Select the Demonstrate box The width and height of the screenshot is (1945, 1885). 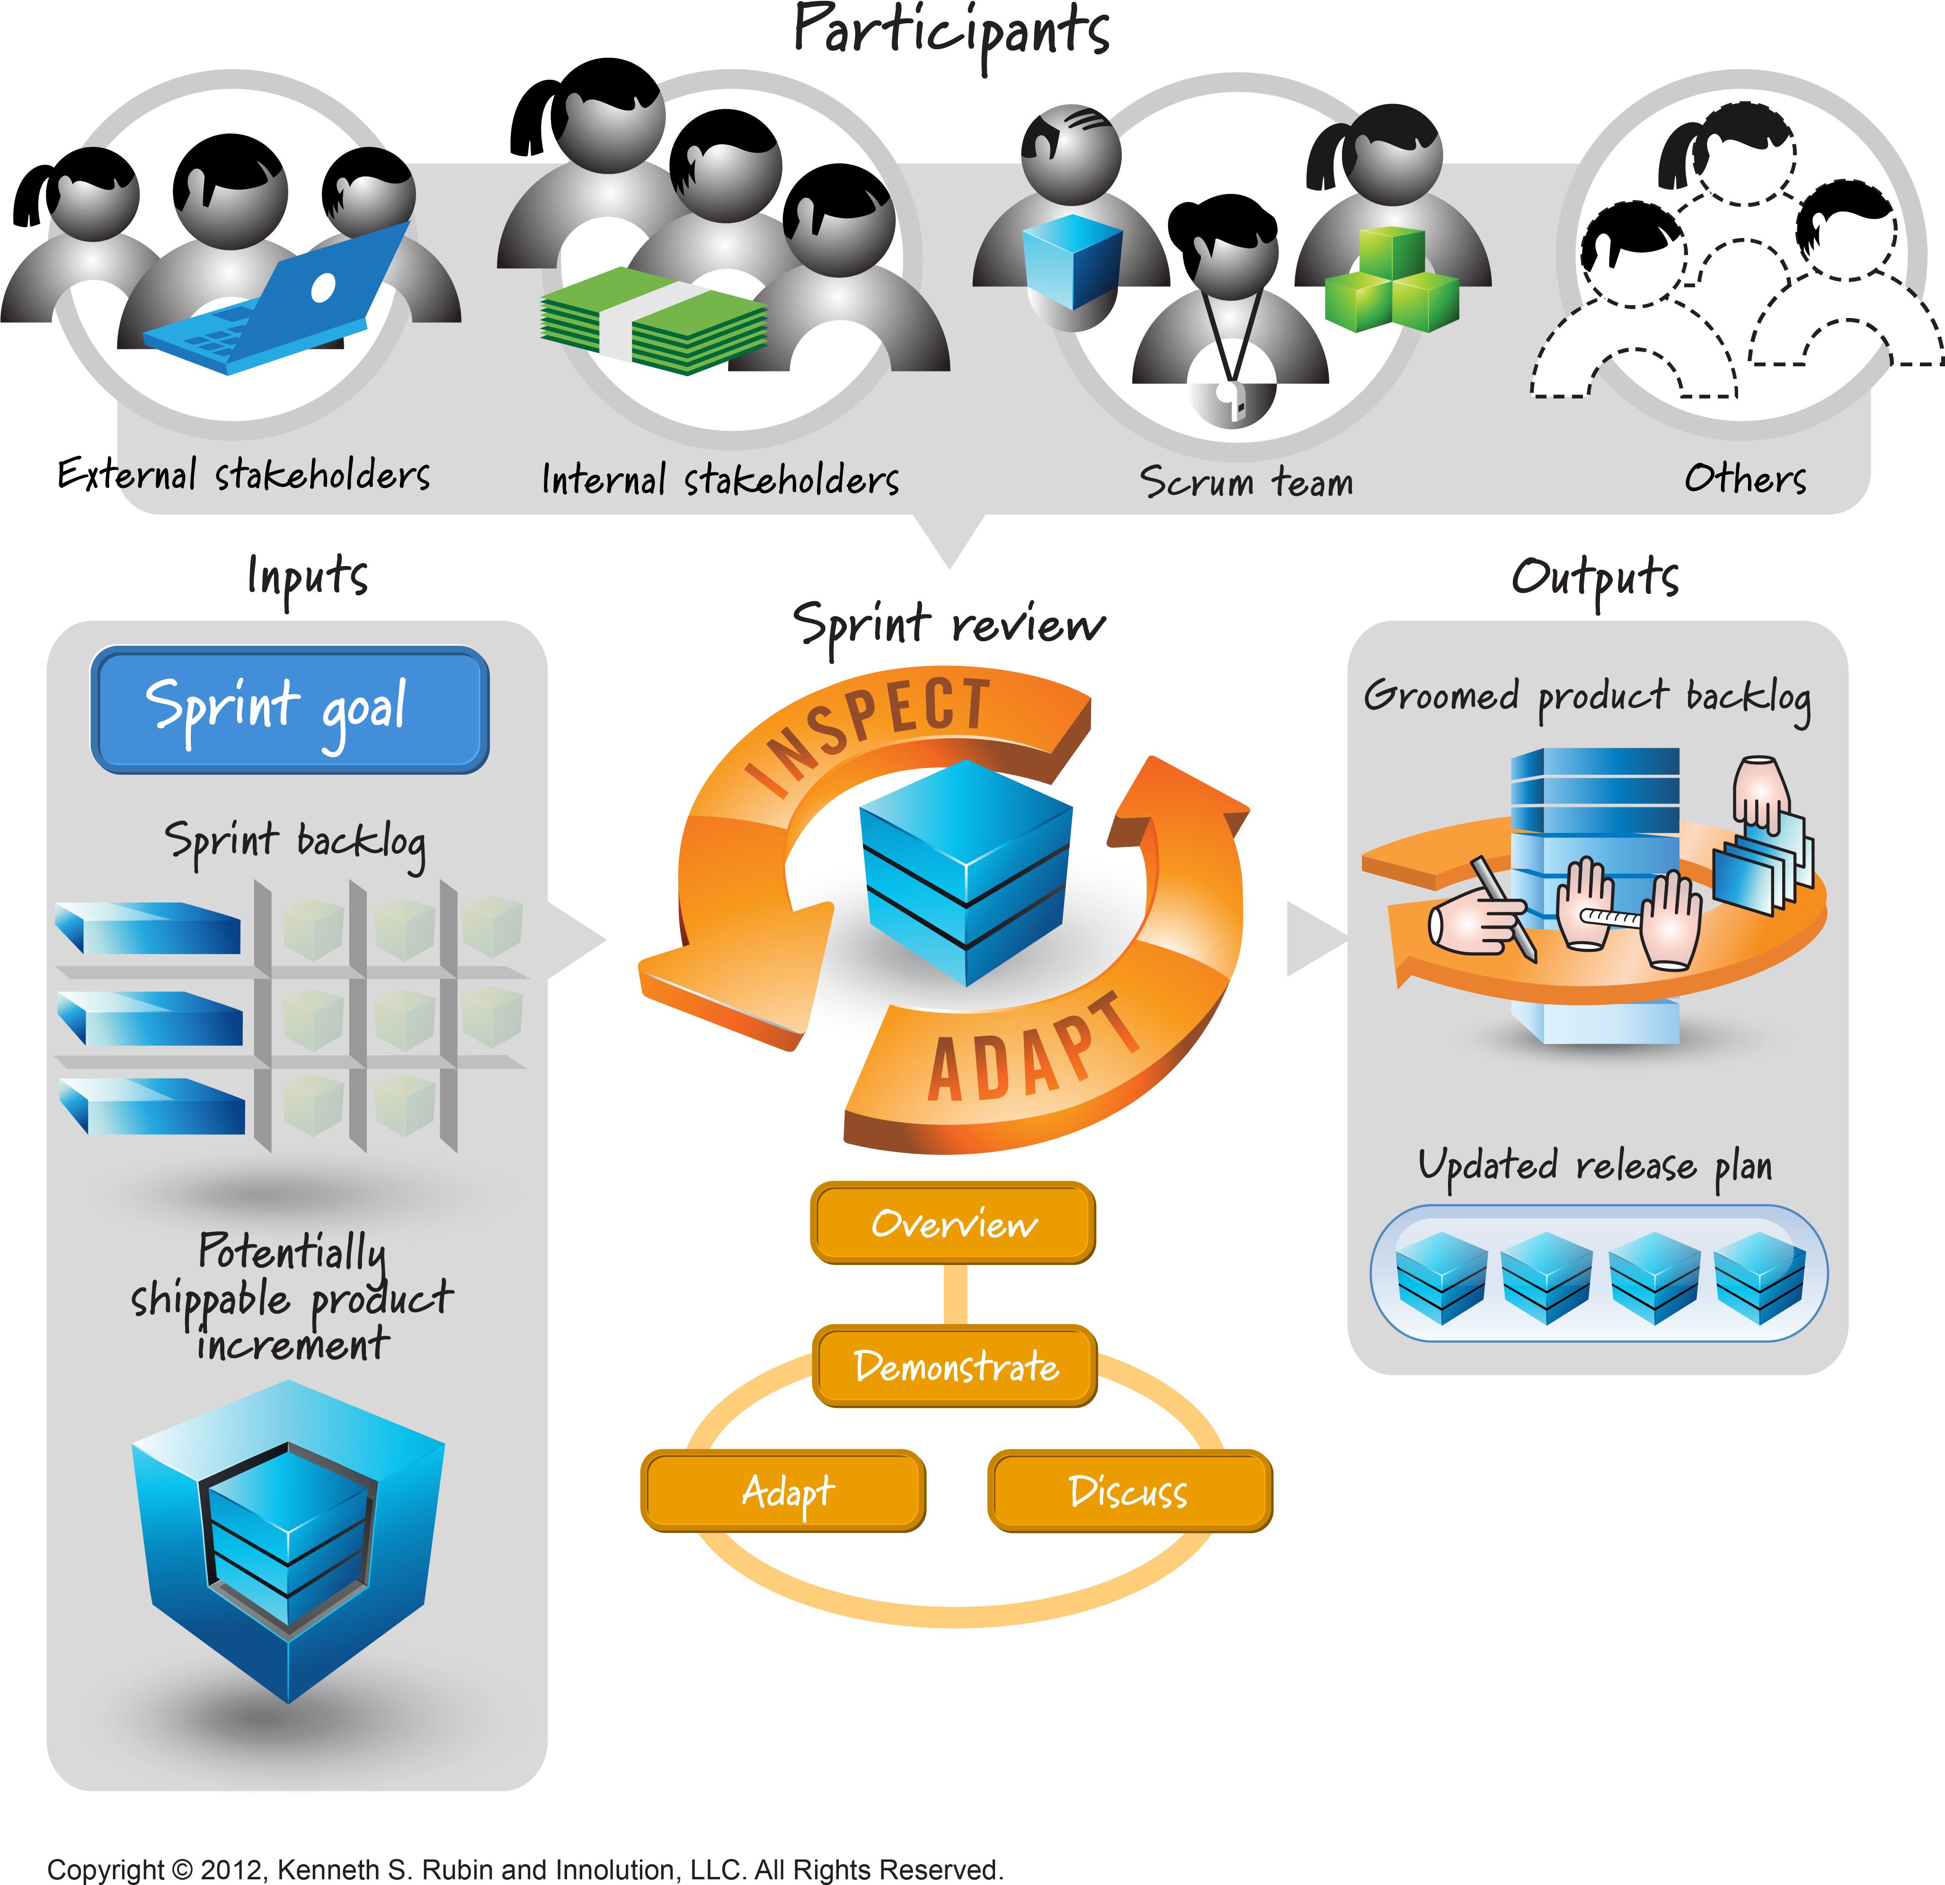pyautogui.click(x=955, y=1366)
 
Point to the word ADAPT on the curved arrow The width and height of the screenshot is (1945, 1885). pyautogui.click(x=1032, y=1052)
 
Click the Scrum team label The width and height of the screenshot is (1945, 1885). pyautogui.click(x=1245, y=482)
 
